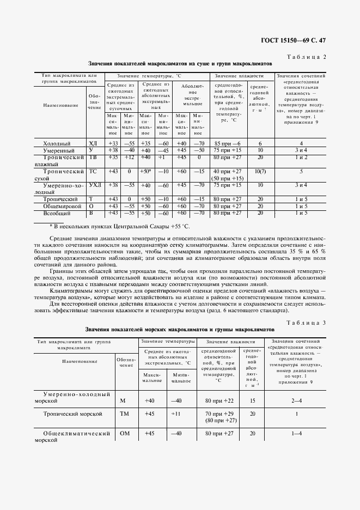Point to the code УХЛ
(x=94, y=185)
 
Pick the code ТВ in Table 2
(x=93, y=157)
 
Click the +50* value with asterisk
(x=145, y=172)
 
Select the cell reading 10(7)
(x=260, y=172)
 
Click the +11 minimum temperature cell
(x=175, y=414)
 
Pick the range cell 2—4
(x=297, y=400)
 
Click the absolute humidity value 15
(x=252, y=400)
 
